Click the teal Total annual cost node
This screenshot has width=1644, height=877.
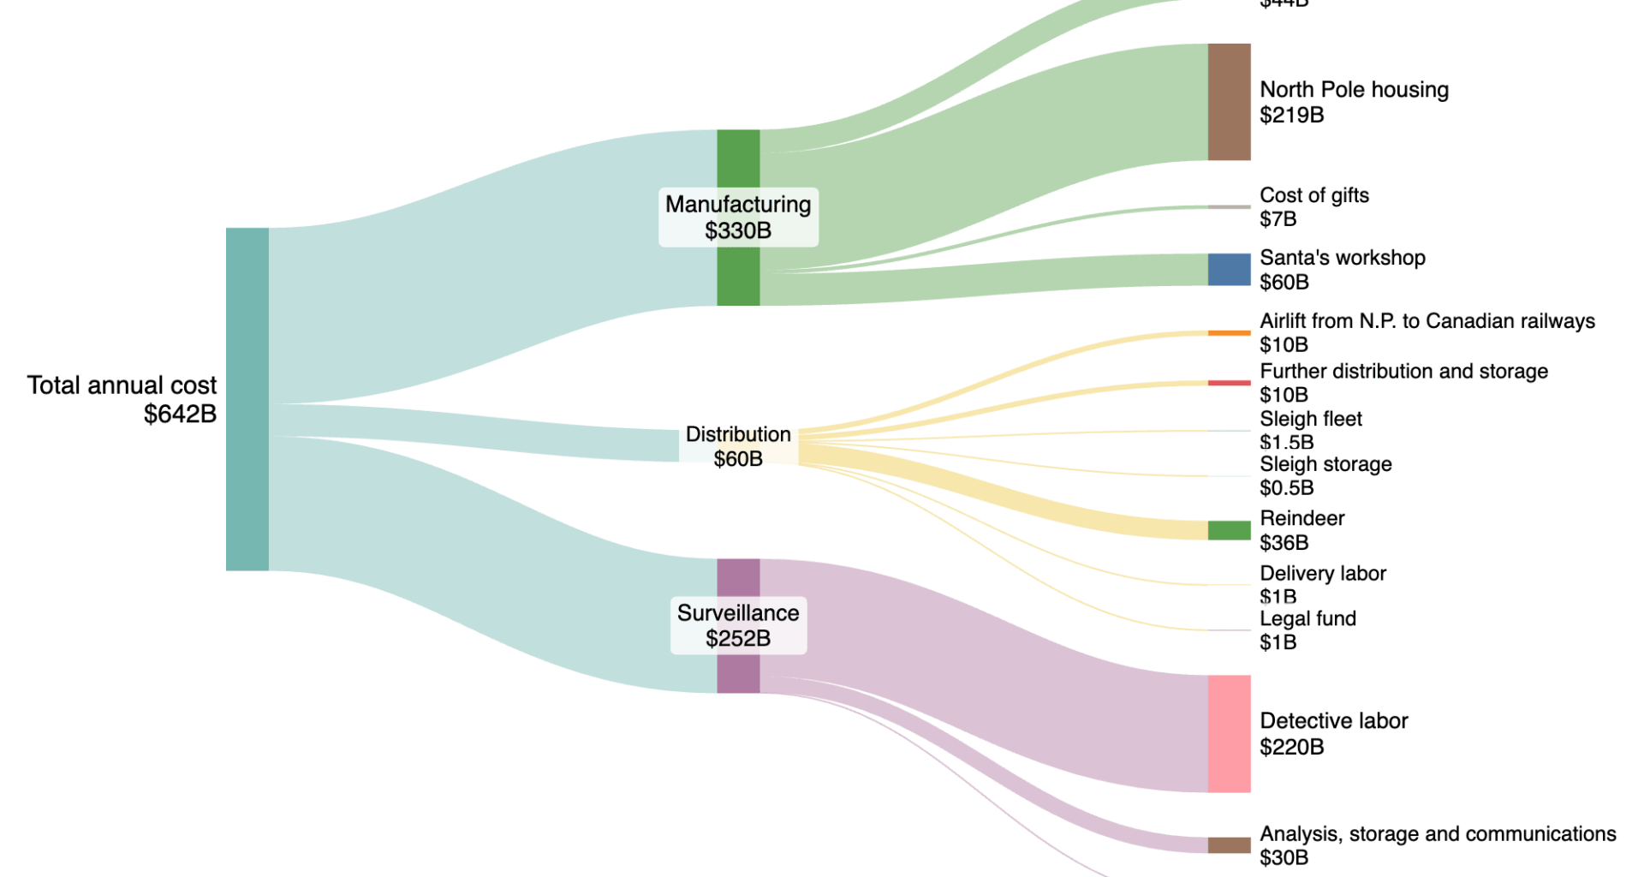pyautogui.click(x=247, y=399)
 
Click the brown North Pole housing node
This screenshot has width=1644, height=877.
pyautogui.click(x=1229, y=102)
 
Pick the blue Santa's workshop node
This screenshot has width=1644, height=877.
pyautogui.click(x=1229, y=269)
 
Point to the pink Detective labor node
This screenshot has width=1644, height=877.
pyautogui.click(x=1229, y=733)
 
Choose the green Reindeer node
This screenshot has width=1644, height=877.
pyautogui.click(x=1229, y=530)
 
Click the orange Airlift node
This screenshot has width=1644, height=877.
pyautogui.click(x=1229, y=332)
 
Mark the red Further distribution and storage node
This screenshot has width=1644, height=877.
pyautogui.click(x=1229, y=383)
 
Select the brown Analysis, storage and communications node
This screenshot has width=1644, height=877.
pyautogui.click(x=1229, y=845)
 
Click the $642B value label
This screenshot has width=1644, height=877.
pyautogui.click(x=180, y=415)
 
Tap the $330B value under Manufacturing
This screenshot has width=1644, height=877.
pyautogui.click(x=738, y=230)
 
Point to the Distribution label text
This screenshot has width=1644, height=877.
pyautogui.click(x=738, y=434)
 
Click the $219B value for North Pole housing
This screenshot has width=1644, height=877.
pyautogui.click(x=1291, y=115)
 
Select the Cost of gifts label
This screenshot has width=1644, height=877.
pyautogui.click(x=1313, y=195)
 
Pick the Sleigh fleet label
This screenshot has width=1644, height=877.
pyautogui.click(x=1310, y=419)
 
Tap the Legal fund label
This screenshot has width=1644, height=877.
pyautogui.click(x=1307, y=618)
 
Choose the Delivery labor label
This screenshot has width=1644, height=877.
pyautogui.click(x=1322, y=573)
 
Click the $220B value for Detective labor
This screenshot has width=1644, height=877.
pyautogui.click(x=1291, y=747)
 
